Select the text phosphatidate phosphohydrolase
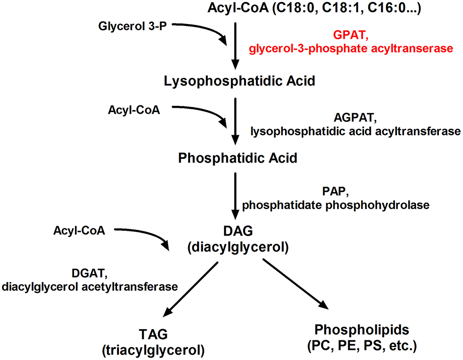click(x=336, y=206)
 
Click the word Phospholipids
click(x=362, y=329)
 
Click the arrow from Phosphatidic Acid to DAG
click(x=236, y=196)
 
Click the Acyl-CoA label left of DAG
click(x=80, y=230)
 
